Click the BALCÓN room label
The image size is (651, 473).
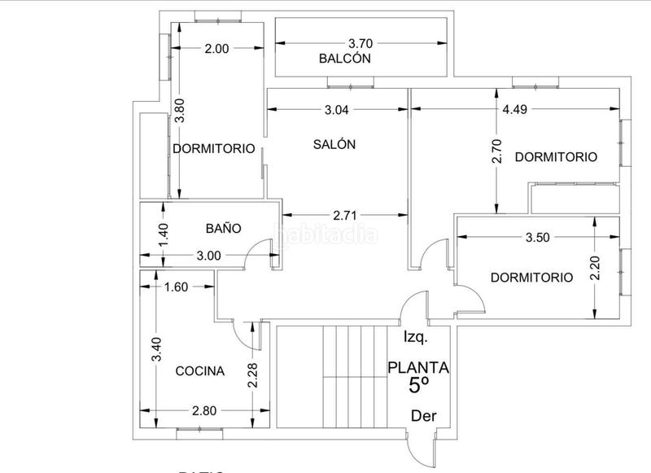[x=345, y=59]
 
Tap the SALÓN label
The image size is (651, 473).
[x=334, y=144]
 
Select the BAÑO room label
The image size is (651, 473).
[x=222, y=229]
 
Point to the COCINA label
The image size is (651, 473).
[x=200, y=371]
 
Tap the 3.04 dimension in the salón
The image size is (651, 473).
[x=338, y=111]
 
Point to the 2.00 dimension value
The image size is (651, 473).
[x=216, y=49]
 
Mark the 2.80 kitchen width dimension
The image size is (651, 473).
[x=204, y=410]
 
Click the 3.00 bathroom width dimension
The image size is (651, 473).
[x=208, y=256]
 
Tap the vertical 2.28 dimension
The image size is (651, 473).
[x=254, y=375]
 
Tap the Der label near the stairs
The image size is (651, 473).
[x=423, y=416]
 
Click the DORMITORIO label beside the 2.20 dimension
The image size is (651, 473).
[x=532, y=277]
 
